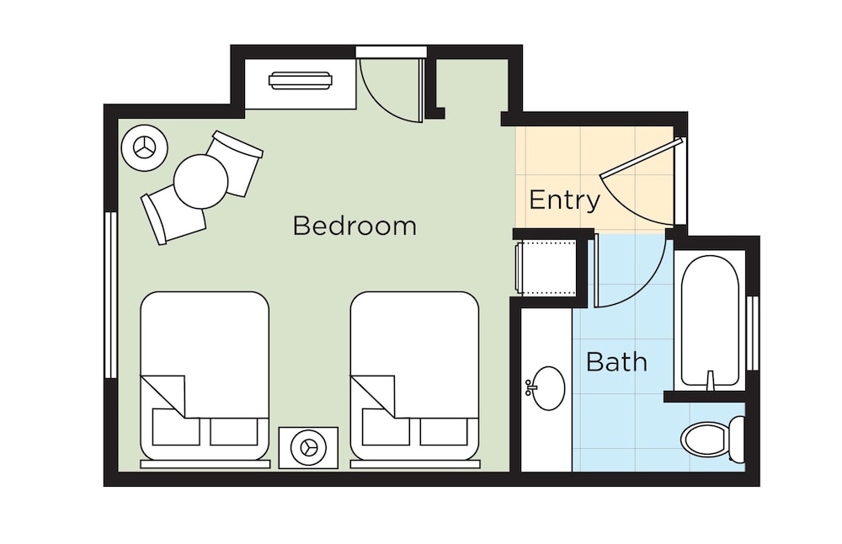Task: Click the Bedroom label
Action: [x=354, y=226]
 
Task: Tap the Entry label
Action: [x=564, y=200]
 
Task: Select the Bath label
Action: [x=616, y=362]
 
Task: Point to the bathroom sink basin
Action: [x=548, y=387]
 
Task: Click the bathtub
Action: [x=709, y=320]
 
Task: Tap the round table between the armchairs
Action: [x=201, y=181]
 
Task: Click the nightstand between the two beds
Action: [x=309, y=446]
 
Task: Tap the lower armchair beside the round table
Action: [x=173, y=216]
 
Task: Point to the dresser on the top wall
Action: [x=301, y=82]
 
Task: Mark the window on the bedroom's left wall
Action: [x=110, y=295]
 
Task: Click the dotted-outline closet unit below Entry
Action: [x=545, y=267]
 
